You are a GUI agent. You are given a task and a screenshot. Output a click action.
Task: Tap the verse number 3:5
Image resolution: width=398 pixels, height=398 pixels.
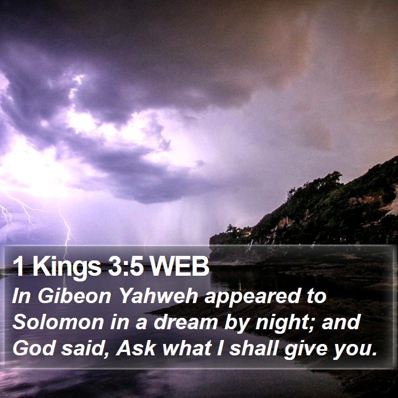126,266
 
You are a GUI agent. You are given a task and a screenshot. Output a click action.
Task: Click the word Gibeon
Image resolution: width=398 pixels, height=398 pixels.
74,296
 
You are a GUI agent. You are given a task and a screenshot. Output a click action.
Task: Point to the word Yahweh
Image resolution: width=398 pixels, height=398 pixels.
158,296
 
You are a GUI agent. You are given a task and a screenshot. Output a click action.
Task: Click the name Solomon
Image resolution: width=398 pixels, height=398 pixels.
58,322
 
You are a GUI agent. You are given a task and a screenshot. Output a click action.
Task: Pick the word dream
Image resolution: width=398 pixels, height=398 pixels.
185,322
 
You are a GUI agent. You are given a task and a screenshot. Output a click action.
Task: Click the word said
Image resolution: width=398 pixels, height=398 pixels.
83,348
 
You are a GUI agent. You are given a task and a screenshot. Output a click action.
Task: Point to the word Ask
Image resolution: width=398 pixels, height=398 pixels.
135,348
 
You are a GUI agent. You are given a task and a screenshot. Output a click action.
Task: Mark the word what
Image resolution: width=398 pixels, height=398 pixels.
187,348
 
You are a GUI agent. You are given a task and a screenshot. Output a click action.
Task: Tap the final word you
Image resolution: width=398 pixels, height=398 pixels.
355,350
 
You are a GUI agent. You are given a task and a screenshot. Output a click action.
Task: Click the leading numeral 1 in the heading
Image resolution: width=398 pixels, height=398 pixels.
18,266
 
